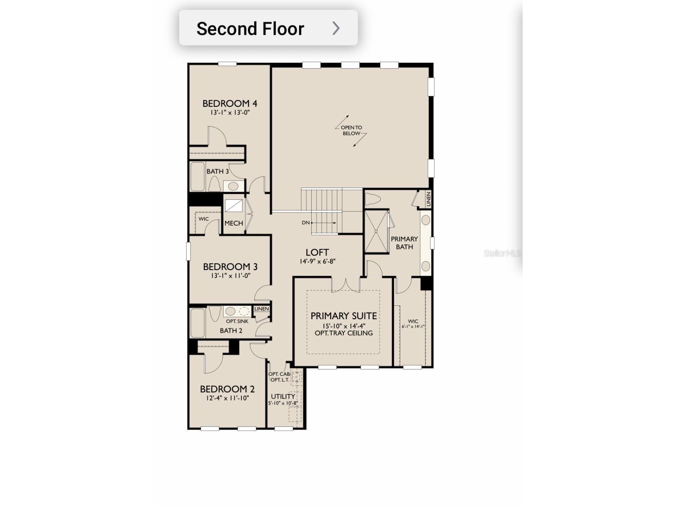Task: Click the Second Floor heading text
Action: coord(250,29)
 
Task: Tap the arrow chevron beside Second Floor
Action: coord(336,28)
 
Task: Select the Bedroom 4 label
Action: coord(230,104)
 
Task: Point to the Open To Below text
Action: coord(351,130)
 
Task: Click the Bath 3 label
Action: coord(217,171)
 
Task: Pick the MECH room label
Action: coord(234,223)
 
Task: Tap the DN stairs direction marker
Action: coord(306,223)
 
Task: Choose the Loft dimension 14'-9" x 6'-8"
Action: coord(317,262)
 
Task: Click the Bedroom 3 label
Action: coord(230,267)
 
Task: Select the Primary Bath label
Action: coord(404,243)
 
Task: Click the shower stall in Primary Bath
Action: coord(376,231)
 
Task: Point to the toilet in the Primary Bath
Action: coord(372,199)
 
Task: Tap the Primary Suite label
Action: coord(343,316)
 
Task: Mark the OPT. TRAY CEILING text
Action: coord(343,333)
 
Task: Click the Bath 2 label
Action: coord(231,331)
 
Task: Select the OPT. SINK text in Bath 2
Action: coord(237,321)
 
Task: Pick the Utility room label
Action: coord(283,396)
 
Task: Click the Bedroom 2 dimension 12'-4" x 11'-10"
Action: coord(227,398)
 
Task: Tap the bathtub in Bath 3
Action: coord(198,177)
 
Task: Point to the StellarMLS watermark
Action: coord(501,253)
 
